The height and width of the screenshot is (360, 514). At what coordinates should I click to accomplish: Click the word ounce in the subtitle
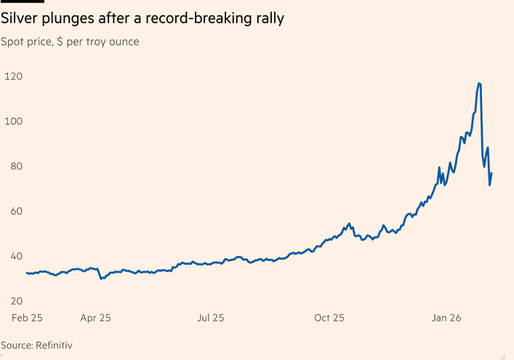[x=123, y=41]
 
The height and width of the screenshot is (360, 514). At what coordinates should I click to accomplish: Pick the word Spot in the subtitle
[x=12, y=41]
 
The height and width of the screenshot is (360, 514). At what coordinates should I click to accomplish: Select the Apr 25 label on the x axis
[x=96, y=318]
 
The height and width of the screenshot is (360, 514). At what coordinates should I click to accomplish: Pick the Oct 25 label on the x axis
[x=329, y=318]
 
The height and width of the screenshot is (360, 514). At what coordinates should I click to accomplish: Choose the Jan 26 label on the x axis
[x=447, y=318]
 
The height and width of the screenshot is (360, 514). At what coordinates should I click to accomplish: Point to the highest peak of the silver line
[x=479, y=84]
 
